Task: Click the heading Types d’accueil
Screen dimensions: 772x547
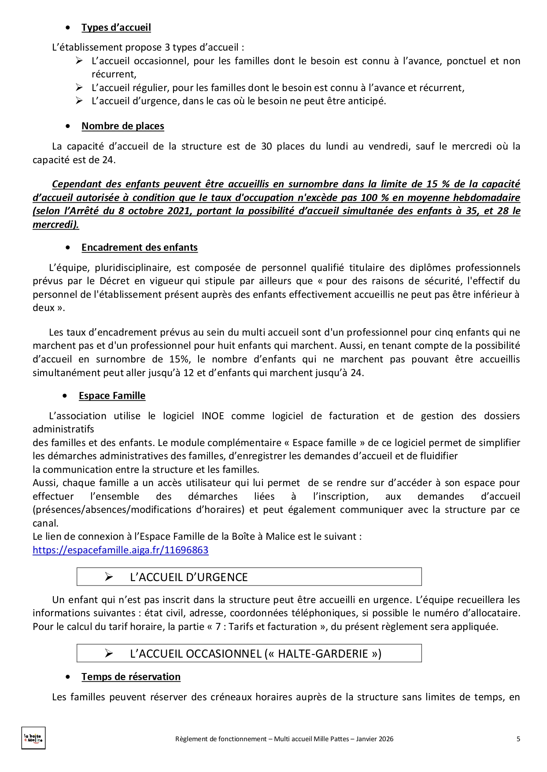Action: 116,27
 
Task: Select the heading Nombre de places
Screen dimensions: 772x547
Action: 122,126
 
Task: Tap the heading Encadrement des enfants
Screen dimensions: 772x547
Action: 139,247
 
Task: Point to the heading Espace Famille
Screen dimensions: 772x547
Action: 112,395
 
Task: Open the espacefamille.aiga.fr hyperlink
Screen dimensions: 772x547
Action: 120,550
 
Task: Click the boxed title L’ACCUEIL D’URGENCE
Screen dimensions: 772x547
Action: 188,577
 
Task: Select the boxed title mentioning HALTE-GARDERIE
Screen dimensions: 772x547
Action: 255,654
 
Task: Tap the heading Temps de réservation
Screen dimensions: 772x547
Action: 131,677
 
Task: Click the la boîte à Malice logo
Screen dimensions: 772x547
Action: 33,738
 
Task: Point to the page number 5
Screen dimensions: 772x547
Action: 518,739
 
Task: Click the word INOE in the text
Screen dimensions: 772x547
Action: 213,416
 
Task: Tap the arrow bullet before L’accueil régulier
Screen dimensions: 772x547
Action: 79,88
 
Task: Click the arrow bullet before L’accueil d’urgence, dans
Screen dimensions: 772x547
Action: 79,101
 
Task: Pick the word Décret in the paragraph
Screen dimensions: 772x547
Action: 114,281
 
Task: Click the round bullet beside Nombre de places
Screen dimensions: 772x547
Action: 67,126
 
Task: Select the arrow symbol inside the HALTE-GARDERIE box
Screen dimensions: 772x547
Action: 109,654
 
